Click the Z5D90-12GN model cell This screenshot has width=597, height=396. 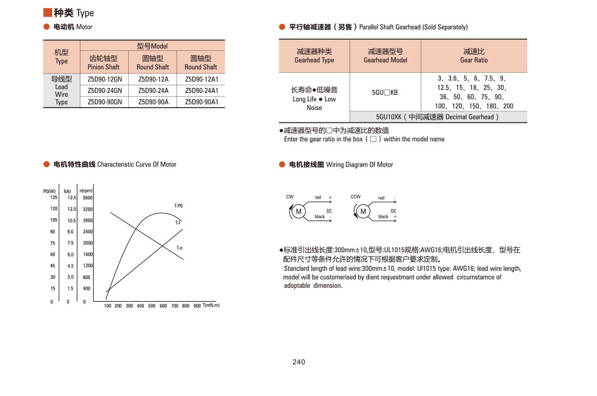tap(104, 79)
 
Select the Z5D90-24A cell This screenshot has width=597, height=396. tap(153, 90)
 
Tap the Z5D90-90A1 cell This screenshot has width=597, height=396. tap(201, 101)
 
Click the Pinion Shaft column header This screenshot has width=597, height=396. tap(104, 62)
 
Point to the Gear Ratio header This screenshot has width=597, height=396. tap(474, 56)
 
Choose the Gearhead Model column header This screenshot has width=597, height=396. tap(385, 56)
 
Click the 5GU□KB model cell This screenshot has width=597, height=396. tap(385, 92)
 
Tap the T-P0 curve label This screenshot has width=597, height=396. tap(178, 206)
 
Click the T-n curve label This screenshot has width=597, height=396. tap(180, 248)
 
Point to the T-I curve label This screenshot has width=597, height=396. tap(178, 223)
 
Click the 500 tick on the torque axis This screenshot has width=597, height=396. tap(152, 306)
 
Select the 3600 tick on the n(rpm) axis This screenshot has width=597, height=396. tap(87, 198)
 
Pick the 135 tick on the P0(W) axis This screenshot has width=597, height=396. tap(53, 198)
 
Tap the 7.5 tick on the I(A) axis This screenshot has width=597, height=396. tap(70, 243)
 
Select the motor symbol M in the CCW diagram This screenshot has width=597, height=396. tap(363, 211)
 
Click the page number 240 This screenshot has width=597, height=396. tap(298, 361)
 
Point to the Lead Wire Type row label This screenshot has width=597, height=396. tap(62, 91)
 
